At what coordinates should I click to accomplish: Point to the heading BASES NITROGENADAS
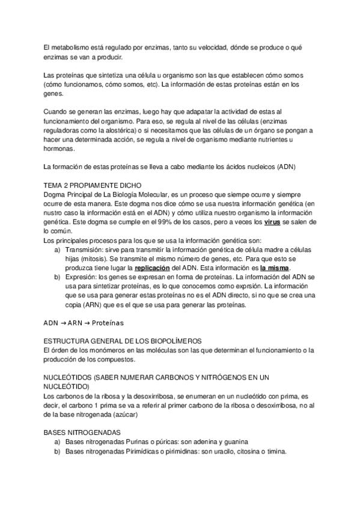coord(82,432)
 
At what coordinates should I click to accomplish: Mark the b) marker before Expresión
coord(58,277)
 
